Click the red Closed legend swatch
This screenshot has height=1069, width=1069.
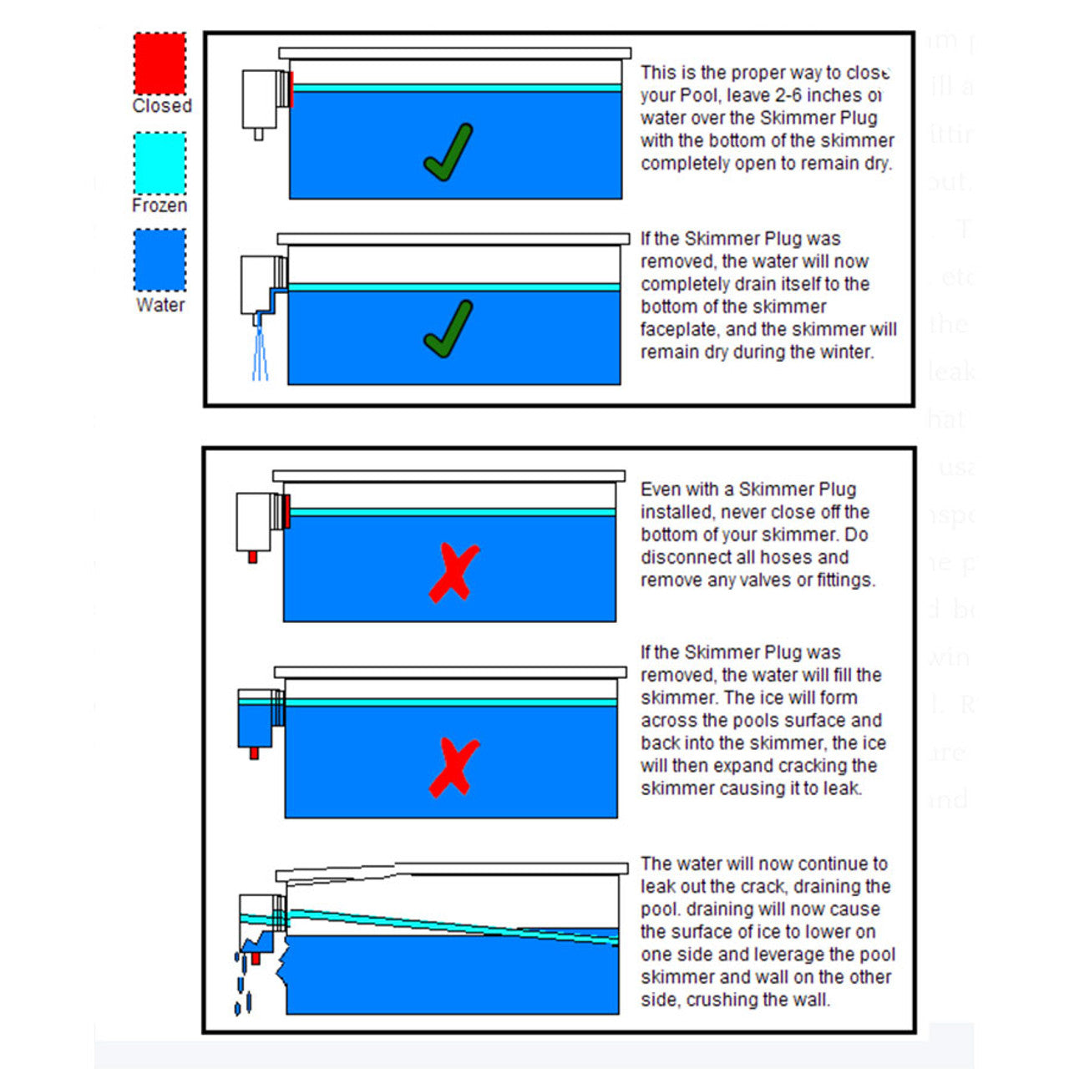pos(160,63)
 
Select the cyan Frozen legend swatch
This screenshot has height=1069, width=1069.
pos(160,163)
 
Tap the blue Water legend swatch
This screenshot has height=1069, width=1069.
pos(160,261)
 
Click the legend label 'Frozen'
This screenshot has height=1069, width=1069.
pos(160,205)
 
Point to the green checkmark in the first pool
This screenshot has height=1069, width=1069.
pos(448,154)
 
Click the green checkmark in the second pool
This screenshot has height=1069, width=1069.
pos(448,330)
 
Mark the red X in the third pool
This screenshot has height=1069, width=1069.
pos(453,573)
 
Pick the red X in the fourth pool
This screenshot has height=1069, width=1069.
pos(453,767)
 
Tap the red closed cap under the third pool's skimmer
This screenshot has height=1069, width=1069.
pos(252,557)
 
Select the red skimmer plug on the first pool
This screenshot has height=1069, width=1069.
pos(291,89)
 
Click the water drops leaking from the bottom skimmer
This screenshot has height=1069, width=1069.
pos(242,981)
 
